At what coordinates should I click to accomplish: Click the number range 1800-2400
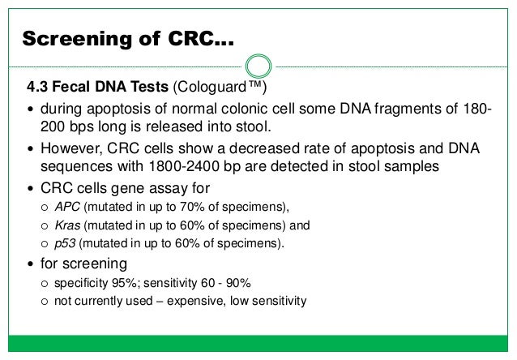194,167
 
